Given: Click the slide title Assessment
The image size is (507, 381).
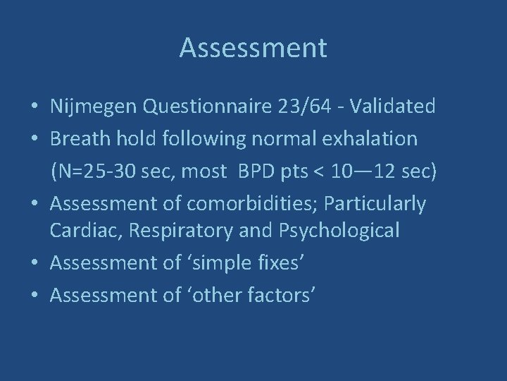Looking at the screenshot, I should [x=253, y=48].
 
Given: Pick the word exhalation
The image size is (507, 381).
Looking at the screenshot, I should [x=375, y=139].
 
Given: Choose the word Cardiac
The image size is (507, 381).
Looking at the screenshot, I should [x=77, y=229].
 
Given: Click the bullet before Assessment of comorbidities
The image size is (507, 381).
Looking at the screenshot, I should [x=35, y=205].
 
